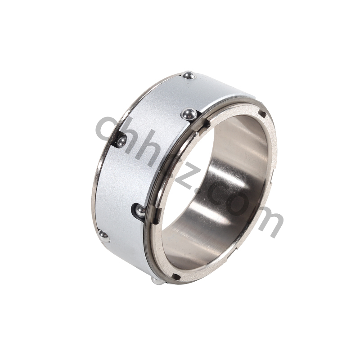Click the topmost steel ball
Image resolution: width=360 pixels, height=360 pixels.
[x=189, y=76]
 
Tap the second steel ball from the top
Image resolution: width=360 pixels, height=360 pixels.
[x=189, y=114]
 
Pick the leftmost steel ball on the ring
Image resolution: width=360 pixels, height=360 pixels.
[x=103, y=236]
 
